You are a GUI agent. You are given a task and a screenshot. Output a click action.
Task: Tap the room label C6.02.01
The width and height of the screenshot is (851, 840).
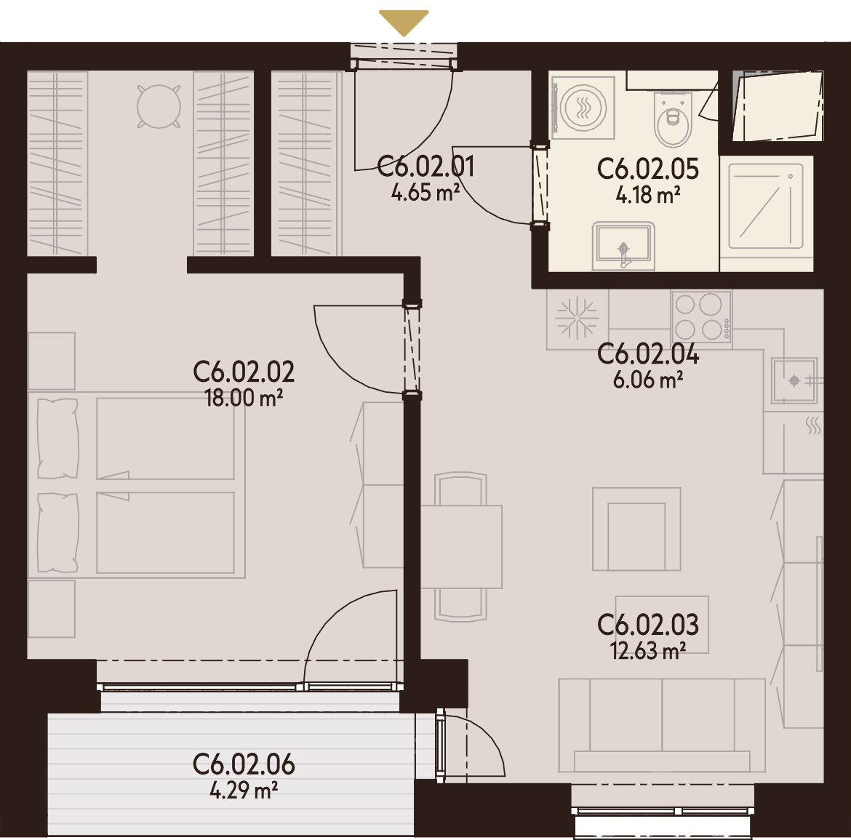click(425, 166)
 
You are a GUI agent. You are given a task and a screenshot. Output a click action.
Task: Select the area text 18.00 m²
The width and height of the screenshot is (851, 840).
click(244, 398)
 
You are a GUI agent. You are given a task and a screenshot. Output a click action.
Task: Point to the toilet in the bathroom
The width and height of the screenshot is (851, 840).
click(674, 119)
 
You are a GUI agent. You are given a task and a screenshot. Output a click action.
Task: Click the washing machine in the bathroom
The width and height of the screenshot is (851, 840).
click(583, 108)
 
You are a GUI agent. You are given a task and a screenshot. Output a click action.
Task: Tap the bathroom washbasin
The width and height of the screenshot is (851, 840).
click(623, 245)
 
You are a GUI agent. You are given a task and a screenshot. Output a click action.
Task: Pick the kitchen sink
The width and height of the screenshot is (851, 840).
click(794, 380)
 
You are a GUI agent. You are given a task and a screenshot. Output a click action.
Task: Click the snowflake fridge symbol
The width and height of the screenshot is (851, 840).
click(577, 317)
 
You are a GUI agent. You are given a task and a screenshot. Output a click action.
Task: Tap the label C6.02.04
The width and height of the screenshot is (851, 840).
click(647, 353)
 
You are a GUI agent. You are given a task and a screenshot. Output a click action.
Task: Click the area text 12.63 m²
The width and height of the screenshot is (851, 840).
click(647, 650)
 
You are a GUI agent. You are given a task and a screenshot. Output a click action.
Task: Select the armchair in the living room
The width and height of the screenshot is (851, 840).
click(636, 529)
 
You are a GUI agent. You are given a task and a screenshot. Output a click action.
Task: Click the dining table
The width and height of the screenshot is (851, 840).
click(461, 546)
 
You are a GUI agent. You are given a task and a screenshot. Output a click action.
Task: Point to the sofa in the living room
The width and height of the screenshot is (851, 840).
click(662, 725)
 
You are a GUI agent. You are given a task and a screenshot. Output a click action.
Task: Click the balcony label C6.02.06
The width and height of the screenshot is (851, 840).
click(244, 764)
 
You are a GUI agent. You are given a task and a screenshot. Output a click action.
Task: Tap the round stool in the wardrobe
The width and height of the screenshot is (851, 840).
click(159, 106)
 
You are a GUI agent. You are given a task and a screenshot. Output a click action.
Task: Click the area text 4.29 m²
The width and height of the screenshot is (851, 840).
click(244, 790)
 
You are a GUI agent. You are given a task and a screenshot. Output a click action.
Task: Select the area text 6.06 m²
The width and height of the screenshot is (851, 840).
click(647, 380)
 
